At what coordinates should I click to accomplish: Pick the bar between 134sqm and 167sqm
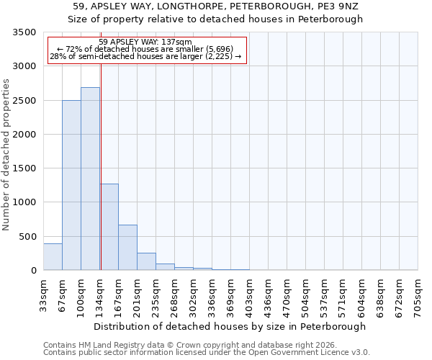[109, 227]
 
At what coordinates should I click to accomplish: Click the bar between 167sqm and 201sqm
[127, 248]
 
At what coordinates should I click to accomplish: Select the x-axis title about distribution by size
[230, 326]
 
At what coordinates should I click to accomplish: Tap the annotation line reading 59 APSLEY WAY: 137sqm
[145, 42]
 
